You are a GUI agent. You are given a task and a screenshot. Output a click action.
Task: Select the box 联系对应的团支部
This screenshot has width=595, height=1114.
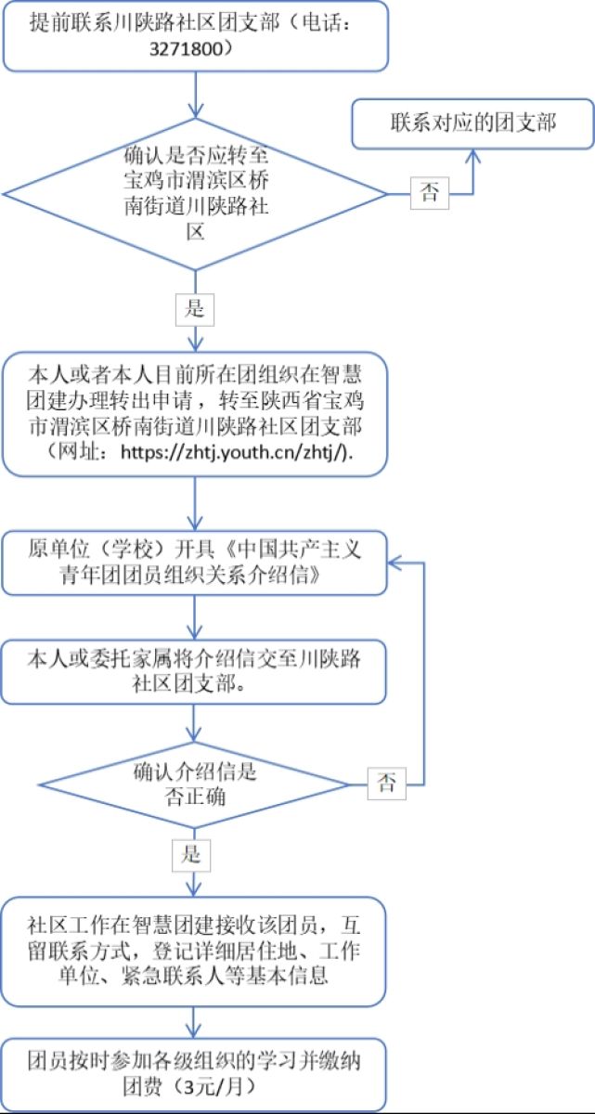click(472, 123)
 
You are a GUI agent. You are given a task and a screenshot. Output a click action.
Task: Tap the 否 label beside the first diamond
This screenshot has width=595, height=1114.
click(430, 193)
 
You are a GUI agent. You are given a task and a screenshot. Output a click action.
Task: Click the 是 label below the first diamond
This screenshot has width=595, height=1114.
click(195, 309)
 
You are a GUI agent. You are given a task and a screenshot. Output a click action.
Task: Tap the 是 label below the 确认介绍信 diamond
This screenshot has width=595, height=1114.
click(190, 854)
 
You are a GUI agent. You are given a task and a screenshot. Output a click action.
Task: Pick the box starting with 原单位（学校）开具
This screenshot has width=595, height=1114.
click(194, 563)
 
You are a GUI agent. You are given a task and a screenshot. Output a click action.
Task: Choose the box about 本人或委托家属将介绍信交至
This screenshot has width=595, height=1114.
click(194, 671)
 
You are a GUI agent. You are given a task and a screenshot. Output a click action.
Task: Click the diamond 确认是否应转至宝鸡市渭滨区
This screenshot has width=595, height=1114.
click(195, 193)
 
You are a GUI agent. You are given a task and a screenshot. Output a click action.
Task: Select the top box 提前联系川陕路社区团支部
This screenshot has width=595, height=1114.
click(194, 35)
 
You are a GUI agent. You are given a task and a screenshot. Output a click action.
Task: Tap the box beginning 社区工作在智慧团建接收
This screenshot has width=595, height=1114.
click(194, 952)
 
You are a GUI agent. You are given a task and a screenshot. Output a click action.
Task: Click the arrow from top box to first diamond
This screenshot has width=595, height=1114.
click(195, 93)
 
